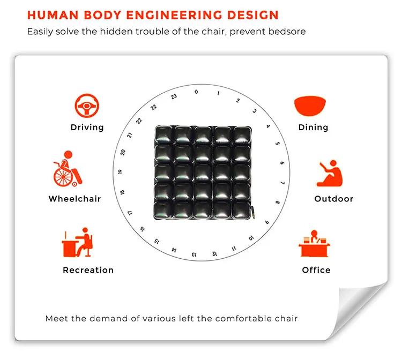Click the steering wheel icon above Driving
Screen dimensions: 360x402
[86, 107]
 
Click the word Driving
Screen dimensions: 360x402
[87, 127]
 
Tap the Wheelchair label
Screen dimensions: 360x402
[75, 199]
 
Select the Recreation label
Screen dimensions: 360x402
[88, 270]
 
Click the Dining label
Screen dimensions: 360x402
[313, 127]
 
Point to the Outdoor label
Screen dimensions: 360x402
[333, 199]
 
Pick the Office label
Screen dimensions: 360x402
[316, 270]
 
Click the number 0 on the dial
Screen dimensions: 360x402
[196, 92]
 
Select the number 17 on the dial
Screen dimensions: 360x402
[129, 213]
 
